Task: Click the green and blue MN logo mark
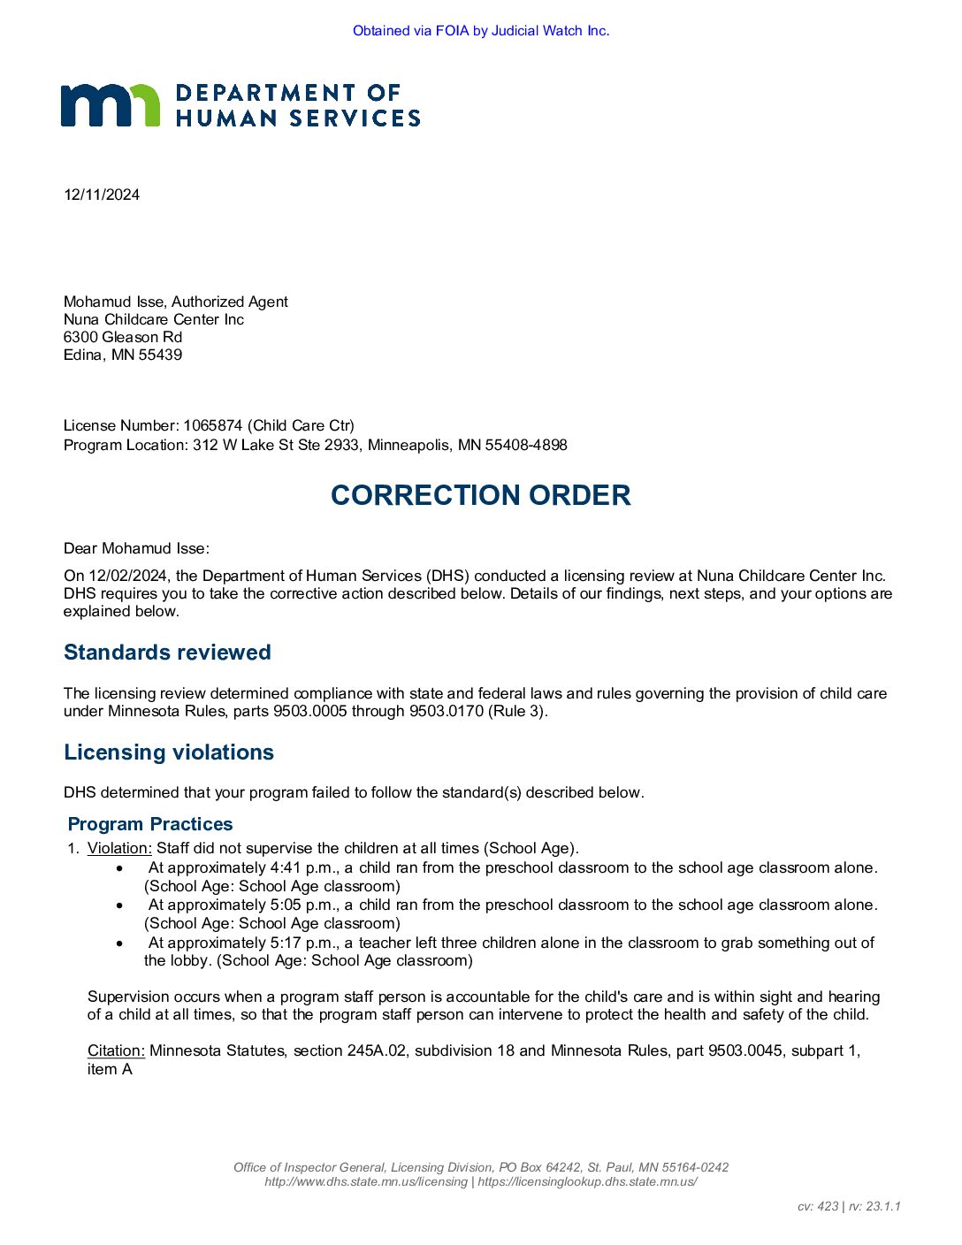(x=111, y=105)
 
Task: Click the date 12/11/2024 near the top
(x=102, y=195)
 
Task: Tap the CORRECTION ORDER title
(x=480, y=495)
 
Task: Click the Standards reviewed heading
(x=167, y=653)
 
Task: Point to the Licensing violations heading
(x=169, y=752)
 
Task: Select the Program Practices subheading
(x=150, y=824)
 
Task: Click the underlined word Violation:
(x=119, y=848)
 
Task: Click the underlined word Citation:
(x=116, y=1050)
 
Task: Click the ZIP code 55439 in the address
(x=160, y=355)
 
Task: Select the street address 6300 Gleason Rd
(x=123, y=337)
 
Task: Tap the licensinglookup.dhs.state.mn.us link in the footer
(x=587, y=1181)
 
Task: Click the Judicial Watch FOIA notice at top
(x=481, y=31)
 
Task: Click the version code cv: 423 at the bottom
(x=817, y=1206)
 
